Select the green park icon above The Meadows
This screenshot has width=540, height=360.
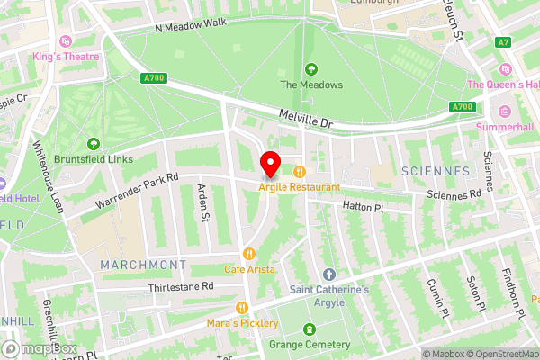coord(311,69)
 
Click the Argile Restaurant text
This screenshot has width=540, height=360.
coord(300,187)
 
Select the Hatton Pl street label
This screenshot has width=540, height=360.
coord(363,208)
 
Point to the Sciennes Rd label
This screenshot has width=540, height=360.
coord(454,194)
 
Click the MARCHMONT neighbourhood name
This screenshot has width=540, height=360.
coord(143,265)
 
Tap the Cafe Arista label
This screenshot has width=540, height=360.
coord(251,268)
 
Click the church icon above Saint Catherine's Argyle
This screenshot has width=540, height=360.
coord(328,274)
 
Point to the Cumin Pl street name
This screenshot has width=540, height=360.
coord(442,298)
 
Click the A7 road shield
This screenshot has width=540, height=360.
coord(502,42)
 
